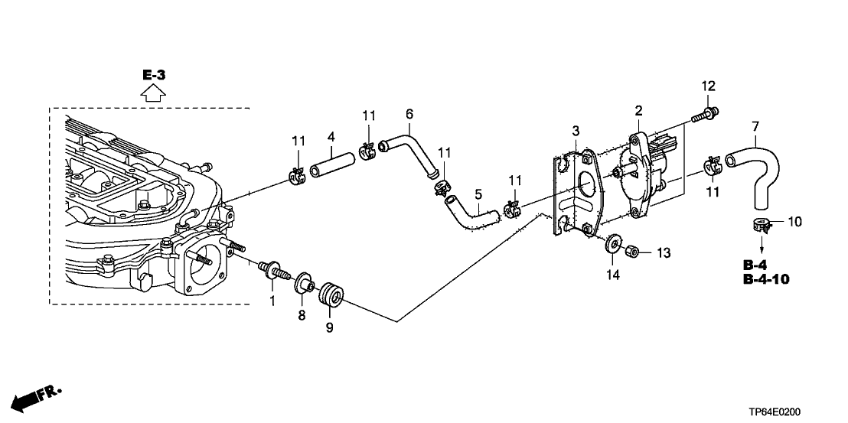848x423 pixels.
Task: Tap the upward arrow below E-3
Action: [x=154, y=94]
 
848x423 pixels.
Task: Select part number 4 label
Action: [x=331, y=138]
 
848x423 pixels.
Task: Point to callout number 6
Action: [x=409, y=115]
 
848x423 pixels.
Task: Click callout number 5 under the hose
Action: [x=478, y=194]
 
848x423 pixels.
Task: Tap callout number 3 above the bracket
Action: [x=575, y=132]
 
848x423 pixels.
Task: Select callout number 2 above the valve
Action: [x=638, y=112]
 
